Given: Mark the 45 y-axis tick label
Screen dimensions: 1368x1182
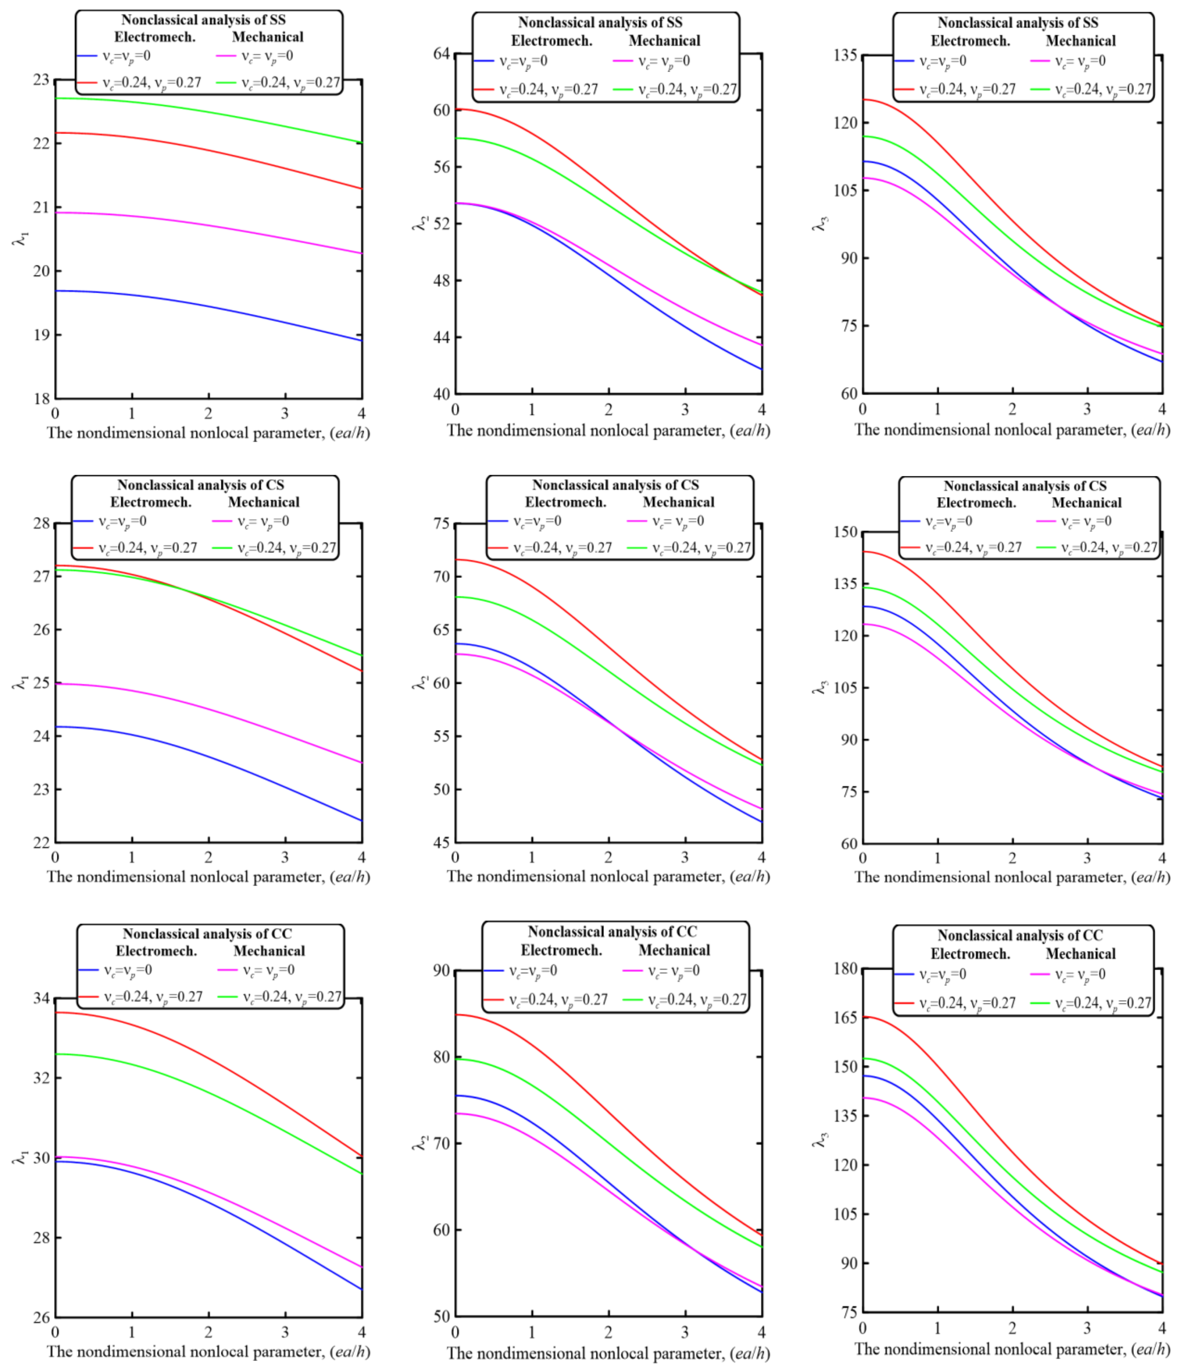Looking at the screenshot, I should point(441,843).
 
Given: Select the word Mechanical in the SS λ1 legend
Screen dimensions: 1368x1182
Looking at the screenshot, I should point(267,37).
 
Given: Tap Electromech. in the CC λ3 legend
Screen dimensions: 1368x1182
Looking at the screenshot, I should point(970,954).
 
